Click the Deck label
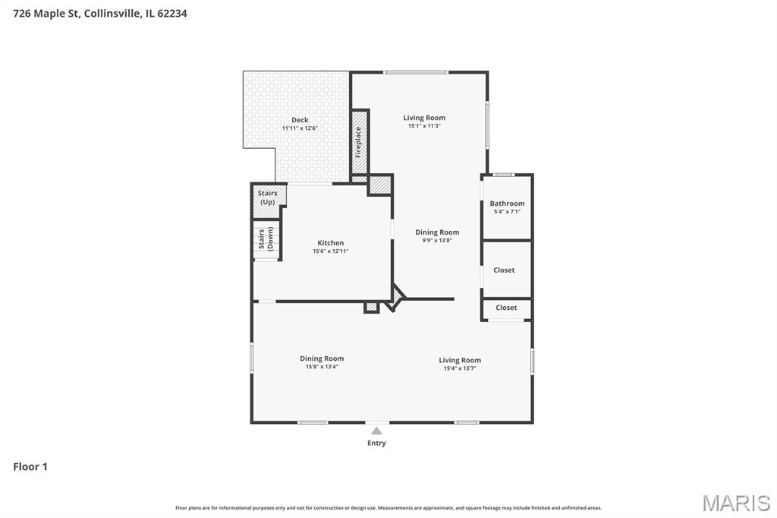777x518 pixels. (x=300, y=120)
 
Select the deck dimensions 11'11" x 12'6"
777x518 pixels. (x=300, y=128)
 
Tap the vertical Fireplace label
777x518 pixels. (x=358, y=143)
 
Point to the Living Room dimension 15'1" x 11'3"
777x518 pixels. (x=424, y=126)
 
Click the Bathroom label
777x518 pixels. (x=507, y=204)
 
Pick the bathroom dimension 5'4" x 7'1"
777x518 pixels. (x=507, y=212)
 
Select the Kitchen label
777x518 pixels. (x=331, y=243)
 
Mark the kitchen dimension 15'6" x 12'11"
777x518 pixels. (x=331, y=251)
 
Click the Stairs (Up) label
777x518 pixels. (x=268, y=197)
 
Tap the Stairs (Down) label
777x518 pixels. (x=266, y=239)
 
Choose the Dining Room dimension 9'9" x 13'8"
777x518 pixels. (x=437, y=241)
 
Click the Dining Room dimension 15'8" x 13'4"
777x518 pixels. (x=322, y=367)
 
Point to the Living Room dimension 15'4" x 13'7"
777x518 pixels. (x=460, y=368)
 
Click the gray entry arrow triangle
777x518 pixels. (x=376, y=431)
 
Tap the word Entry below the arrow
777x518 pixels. (x=376, y=443)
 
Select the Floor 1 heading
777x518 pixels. (x=30, y=467)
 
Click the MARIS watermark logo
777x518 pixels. (x=736, y=503)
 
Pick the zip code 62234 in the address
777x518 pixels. (x=172, y=14)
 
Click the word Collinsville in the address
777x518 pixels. (x=112, y=14)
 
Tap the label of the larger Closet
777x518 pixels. (x=504, y=270)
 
